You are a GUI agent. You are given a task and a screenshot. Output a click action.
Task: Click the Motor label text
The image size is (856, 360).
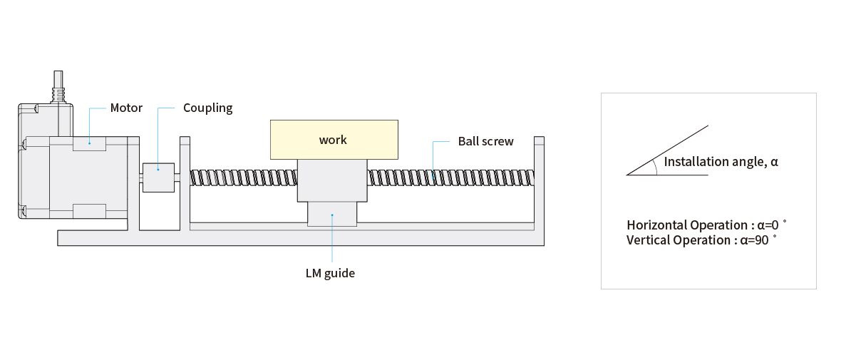click(x=126, y=108)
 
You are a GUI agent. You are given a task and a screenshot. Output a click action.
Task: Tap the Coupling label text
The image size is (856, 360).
click(x=207, y=108)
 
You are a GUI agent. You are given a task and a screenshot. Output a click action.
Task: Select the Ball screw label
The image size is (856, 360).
click(x=485, y=141)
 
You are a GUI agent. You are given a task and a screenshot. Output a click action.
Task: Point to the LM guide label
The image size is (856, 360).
click(x=330, y=273)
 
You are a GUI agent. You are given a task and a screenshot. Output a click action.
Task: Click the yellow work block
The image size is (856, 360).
click(x=334, y=140)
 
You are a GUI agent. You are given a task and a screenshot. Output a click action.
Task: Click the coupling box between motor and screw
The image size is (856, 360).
click(x=159, y=178)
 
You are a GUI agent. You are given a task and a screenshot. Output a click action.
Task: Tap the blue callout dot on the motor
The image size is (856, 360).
click(x=89, y=143)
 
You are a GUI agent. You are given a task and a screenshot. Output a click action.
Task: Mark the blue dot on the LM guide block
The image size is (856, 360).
click(x=332, y=215)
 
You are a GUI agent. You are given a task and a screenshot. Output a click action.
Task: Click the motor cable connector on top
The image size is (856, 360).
click(x=58, y=87)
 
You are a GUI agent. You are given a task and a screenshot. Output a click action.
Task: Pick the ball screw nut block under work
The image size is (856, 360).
click(x=332, y=180)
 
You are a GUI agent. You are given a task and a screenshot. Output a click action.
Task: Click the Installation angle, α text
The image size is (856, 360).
click(x=721, y=162)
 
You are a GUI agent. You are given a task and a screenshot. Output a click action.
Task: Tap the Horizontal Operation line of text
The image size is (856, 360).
click(x=706, y=225)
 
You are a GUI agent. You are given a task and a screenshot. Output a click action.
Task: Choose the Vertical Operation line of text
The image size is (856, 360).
click(x=701, y=240)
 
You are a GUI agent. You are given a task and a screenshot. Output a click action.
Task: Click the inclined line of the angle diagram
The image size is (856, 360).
click(x=667, y=150)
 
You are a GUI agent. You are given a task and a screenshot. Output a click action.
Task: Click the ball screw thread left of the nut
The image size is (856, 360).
click(x=244, y=178)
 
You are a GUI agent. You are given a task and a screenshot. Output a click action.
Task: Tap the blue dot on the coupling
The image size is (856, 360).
click(x=158, y=169)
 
